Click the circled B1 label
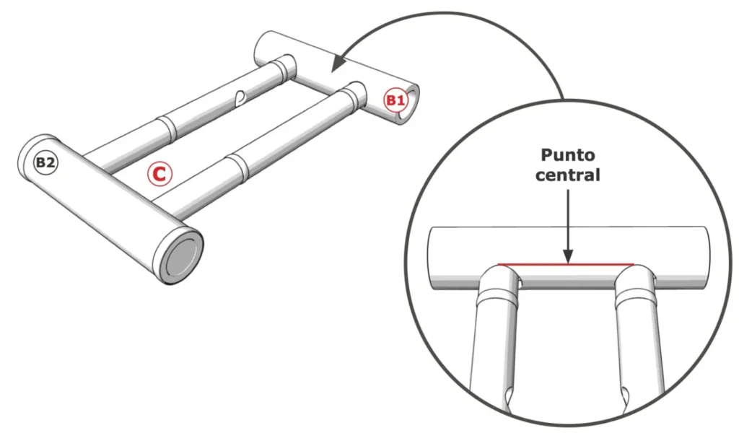(x=394, y=100)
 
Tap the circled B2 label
(x=45, y=163)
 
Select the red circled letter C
(x=159, y=173)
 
